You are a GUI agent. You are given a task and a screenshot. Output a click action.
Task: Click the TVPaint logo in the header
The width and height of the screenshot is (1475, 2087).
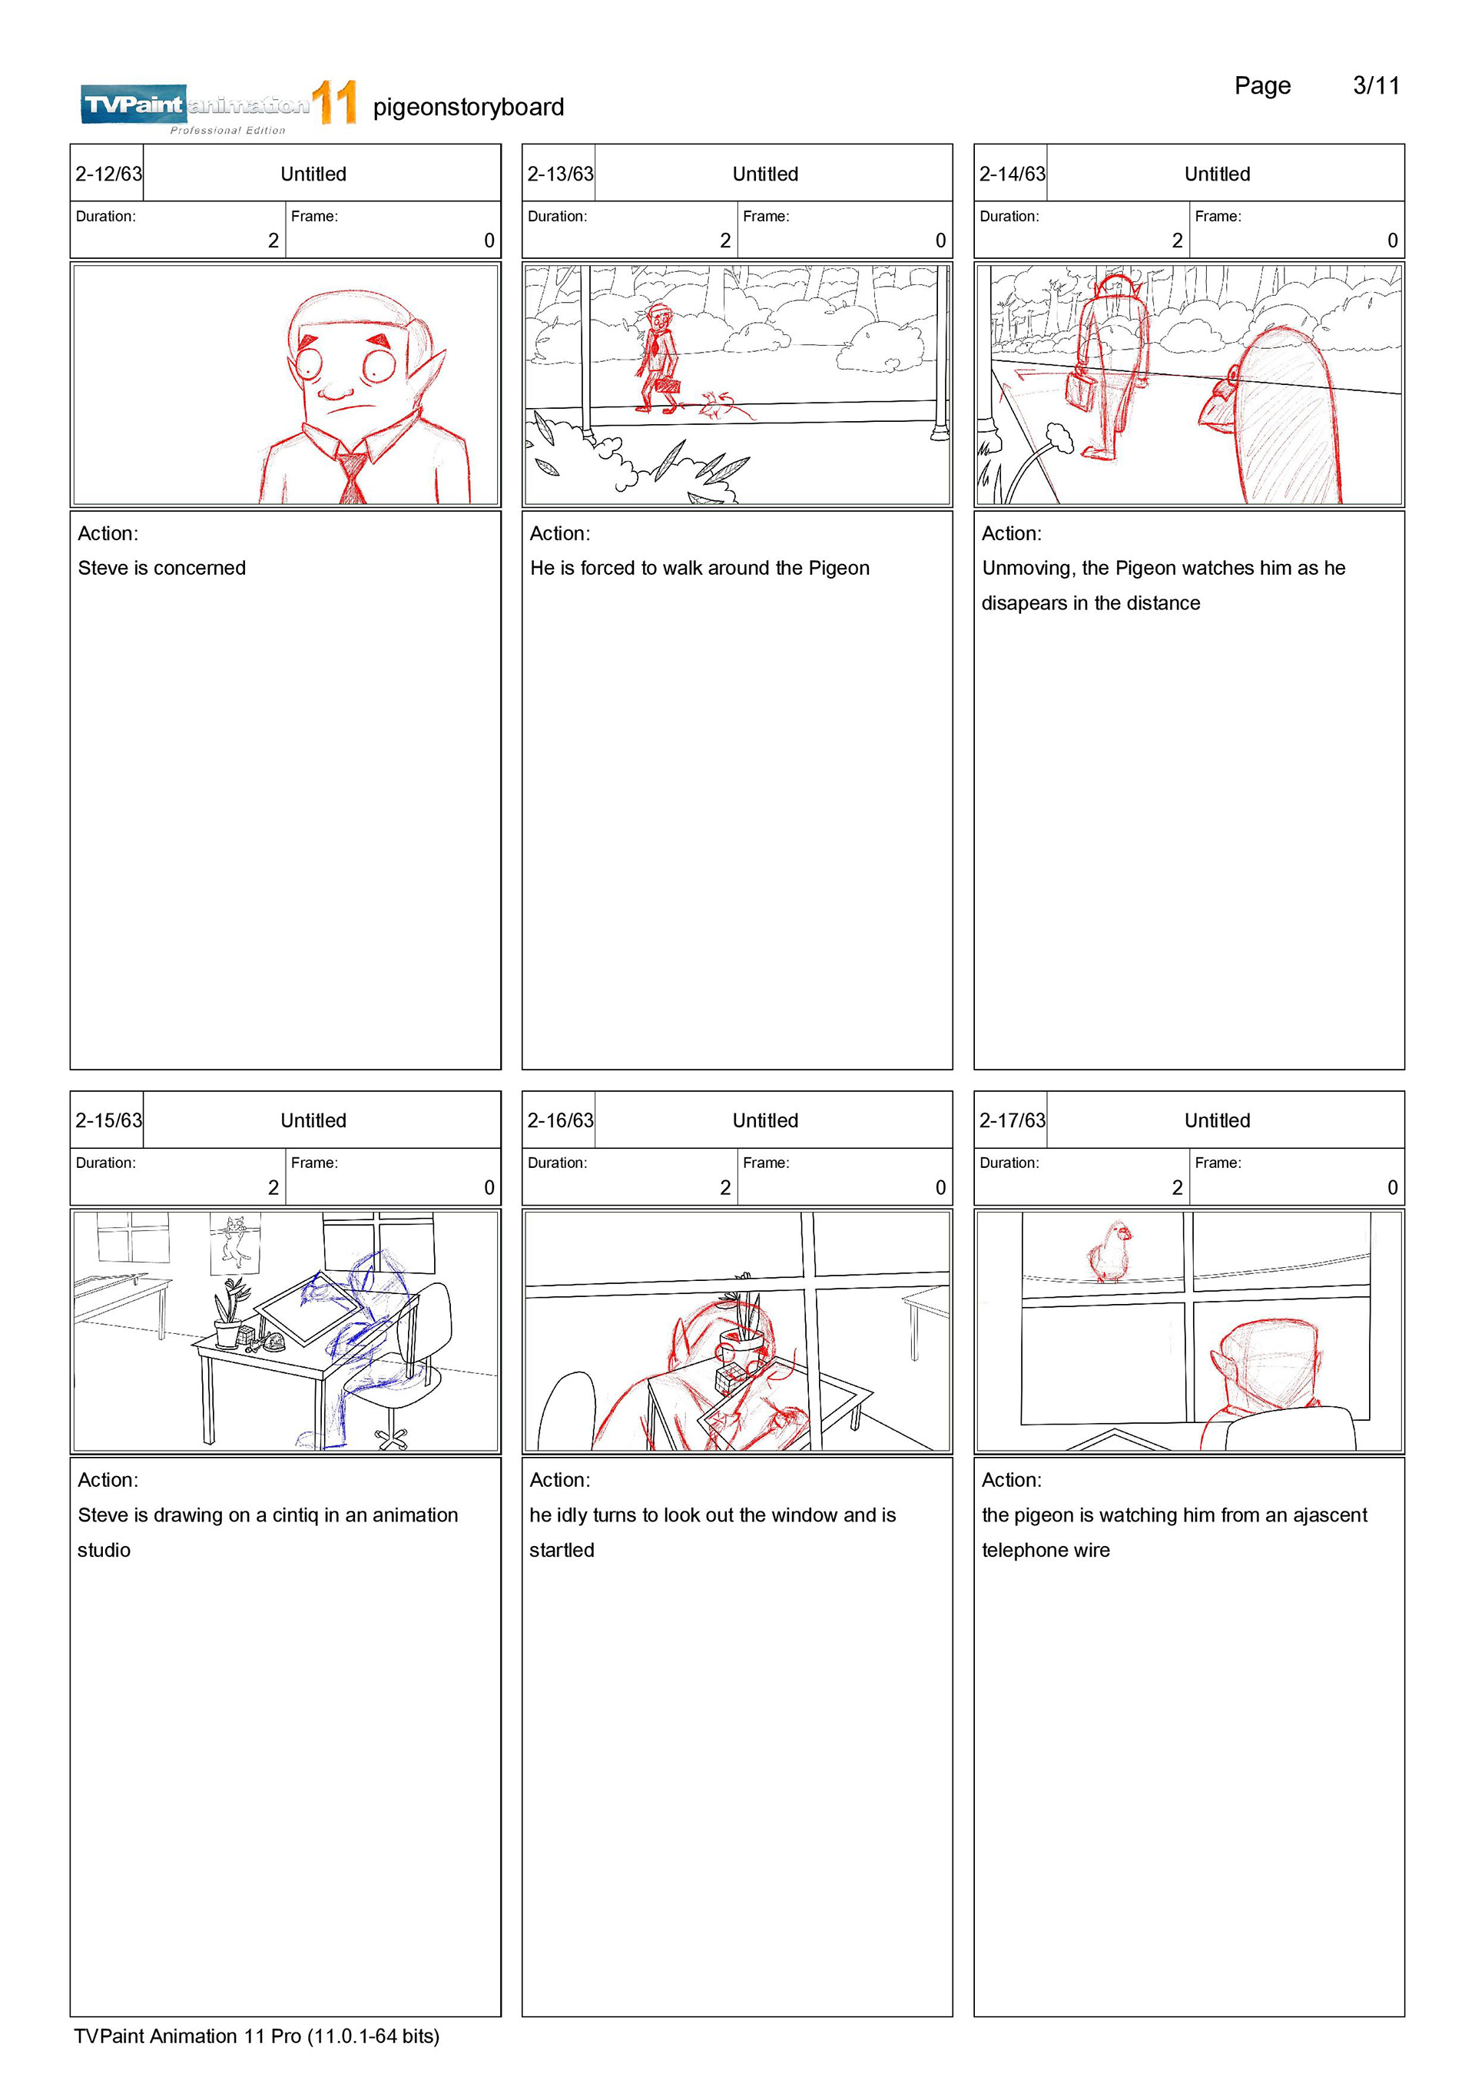(x=218, y=108)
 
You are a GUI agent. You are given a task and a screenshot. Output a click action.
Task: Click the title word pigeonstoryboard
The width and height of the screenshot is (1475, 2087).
(x=468, y=108)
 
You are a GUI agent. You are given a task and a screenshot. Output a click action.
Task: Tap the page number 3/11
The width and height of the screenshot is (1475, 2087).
(x=1376, y=85)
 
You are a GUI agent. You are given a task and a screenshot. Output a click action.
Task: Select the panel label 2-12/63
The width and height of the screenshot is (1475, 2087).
(x=108, y=174)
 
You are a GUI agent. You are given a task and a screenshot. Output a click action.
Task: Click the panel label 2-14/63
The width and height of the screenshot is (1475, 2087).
(x=1012, y=174)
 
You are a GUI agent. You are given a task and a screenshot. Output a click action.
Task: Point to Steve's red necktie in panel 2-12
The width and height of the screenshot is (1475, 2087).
(x=353, y=476)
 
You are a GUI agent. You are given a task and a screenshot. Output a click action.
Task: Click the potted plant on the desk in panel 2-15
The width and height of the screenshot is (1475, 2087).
(x=228, y=1312)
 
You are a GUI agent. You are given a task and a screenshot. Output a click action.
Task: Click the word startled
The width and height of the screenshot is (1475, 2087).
(x=562, y=1550)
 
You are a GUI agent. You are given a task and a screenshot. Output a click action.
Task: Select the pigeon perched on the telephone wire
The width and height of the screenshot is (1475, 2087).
(x=1109, y=1251)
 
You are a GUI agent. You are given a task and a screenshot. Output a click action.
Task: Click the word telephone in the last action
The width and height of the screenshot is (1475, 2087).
(x=1021, y=1551)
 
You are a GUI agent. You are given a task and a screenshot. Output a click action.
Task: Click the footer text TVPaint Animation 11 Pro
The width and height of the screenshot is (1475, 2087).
(x=187, y=2036)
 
